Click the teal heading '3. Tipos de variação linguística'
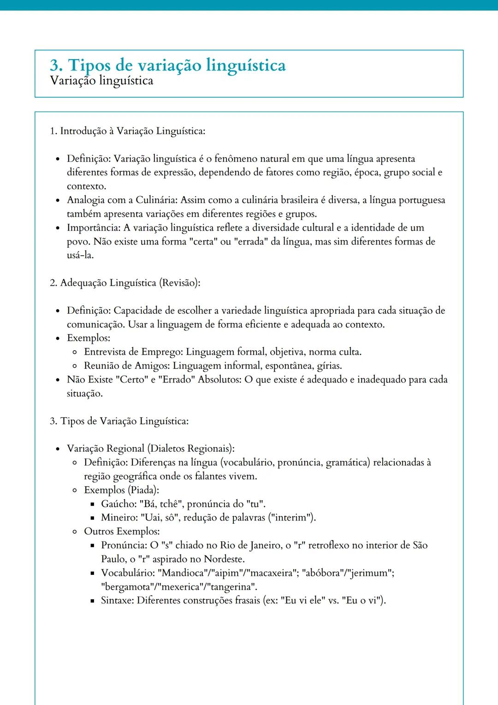pos(168,65)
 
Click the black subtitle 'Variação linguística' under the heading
pos(101,81)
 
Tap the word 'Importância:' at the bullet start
pos(94,228)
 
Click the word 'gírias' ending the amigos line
pos(329,366)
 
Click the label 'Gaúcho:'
pos(119,504)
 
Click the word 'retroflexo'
pos(328,545)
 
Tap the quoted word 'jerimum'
pos(372,573)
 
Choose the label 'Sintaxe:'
pos(118,601)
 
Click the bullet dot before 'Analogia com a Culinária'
pos(58,201)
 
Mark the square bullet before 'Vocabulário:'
pos(92,574)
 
